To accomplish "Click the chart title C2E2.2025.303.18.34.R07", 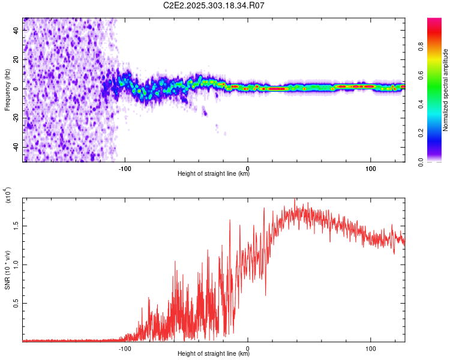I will tap(214, 5).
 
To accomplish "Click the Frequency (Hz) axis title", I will tap(7, 89).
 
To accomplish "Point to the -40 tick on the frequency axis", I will tap(16, 147).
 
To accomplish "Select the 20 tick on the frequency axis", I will tap(16, 59).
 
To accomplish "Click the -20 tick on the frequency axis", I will tap(16, 118).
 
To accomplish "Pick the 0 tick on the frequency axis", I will tap(16, 89).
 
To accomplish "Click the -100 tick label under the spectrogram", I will tap(125, 169).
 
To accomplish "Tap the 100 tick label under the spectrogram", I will tap(371, 169).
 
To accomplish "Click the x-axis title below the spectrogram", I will tap(214, 174).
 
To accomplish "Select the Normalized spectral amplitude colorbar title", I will tap(445, 90).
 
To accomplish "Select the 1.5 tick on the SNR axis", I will tap(16, 226).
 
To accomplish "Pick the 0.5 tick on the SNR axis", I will tap(16, 303).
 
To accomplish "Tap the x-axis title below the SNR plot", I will tap(214, 353).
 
